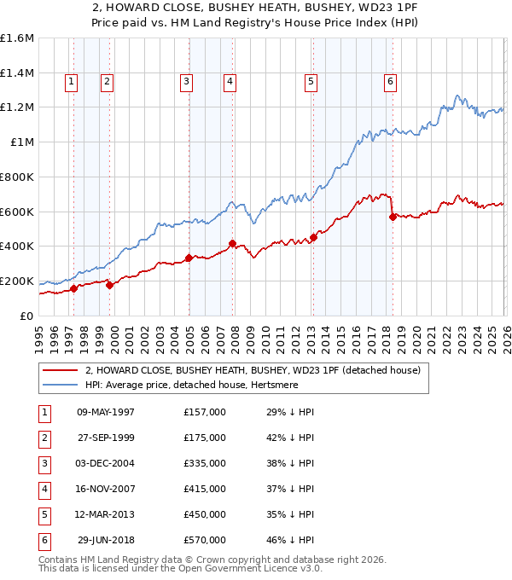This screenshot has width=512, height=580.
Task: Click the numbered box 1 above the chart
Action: coord(70,82)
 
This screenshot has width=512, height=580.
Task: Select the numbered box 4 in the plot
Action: coord(230,82)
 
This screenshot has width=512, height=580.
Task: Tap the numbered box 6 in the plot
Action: coord(390,82)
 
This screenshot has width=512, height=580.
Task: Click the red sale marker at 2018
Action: coord(393,217)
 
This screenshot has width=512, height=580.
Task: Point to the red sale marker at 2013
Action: coord(313,237)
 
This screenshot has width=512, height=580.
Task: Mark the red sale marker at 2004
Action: coord(189,258)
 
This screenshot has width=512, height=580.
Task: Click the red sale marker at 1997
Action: coord(73,288)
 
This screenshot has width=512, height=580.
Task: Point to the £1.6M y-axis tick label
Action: coord(17,38)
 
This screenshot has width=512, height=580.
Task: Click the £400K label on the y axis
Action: coord(17,246)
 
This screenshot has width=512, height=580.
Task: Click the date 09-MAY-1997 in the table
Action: coord(106,412)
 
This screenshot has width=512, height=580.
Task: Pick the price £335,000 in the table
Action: coord(204,463)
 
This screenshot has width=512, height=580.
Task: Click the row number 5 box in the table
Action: coord(44,514)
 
